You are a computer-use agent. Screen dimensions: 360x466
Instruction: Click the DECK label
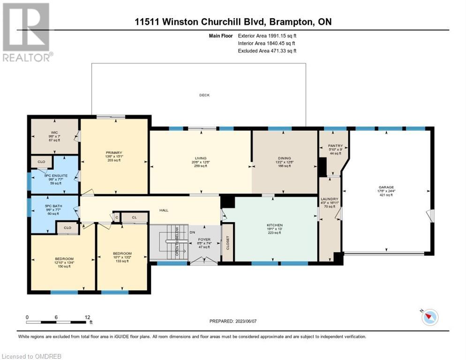click(204, 95)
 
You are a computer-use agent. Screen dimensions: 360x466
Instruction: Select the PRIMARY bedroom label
click(114, 153)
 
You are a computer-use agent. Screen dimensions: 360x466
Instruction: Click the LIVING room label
click(201, 158)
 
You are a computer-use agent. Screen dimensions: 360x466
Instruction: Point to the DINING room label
click(284, 158)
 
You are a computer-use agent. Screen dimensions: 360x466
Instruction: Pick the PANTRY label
click(335, 146)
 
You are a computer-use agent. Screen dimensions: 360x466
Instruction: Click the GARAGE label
click(386, 187)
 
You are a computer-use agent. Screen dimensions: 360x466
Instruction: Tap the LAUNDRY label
click(330, 199)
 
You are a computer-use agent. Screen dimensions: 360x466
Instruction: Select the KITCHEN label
click(274, 225)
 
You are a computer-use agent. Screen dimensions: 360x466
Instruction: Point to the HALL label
click(164, 210)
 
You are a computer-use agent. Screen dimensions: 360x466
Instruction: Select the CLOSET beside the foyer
click(227, 242)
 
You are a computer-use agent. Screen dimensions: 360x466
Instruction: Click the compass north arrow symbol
click(429, 317)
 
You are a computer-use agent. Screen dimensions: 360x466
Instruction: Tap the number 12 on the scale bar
click(87, 317)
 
